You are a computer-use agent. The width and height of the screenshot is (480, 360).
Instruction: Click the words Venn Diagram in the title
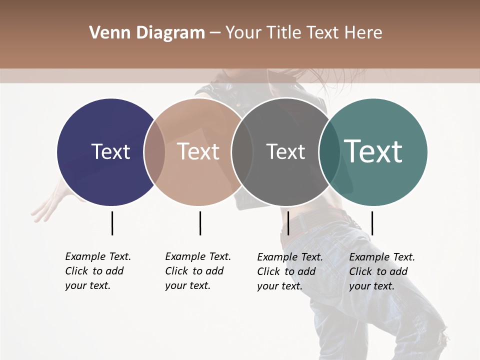[146, 33]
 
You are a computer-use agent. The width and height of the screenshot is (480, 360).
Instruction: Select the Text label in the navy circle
[110, 151]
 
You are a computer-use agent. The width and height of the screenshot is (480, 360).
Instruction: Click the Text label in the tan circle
[198, 151]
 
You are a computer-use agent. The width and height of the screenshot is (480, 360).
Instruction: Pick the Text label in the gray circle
[285, 151]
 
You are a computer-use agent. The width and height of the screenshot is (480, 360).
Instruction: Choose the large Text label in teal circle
[373, 151]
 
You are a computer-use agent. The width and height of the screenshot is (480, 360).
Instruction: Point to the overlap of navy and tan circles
[154, 152]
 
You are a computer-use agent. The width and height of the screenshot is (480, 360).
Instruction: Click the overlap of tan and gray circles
[242, 152]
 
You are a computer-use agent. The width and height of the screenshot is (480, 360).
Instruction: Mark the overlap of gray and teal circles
[329, 152]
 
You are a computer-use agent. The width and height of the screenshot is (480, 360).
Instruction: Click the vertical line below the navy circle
[112, 223]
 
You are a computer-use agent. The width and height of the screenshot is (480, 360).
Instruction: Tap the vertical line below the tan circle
[200, 223]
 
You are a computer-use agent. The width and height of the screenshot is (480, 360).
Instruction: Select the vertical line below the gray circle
[288, 223]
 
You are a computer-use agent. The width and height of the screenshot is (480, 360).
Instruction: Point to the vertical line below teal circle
[372, 223]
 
